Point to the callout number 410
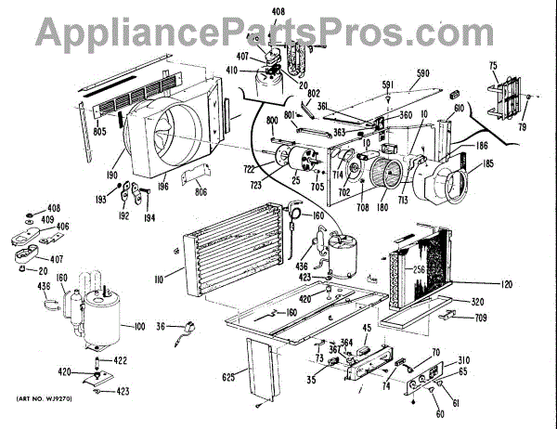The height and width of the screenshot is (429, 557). (x=232, y=70)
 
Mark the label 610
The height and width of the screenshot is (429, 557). (x=459, y=109)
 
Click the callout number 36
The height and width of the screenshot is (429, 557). (x=161, y=326)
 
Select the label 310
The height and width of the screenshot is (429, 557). (x=463, y=359)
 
